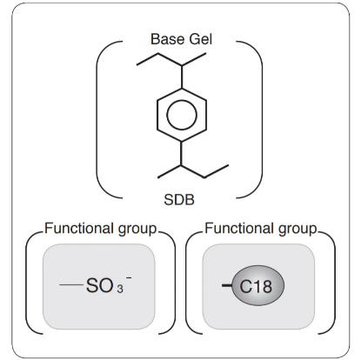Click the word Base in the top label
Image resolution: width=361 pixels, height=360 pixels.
tap(167, 39)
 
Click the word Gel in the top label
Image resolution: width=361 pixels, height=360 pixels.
tap(201, 39)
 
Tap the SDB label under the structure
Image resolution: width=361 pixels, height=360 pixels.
tap(179, 200)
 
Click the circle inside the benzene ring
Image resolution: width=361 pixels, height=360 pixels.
tap(182, 115)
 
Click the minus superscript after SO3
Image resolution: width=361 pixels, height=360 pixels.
tap(129, 278)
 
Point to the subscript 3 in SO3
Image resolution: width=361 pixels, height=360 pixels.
tap(120, 289)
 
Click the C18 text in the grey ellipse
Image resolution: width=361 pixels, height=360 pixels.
tap(256, 287)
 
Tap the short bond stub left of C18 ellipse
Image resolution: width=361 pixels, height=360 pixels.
tap(227, 286)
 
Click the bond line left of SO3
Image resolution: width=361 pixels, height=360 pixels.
tap(71, 285)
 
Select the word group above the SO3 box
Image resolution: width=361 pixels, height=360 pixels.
tap(137, 230)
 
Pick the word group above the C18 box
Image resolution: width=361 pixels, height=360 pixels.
tap(297, 230)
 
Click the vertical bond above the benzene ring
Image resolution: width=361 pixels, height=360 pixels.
tap(182, 77)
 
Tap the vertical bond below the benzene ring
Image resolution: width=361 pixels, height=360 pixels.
tap(182, 153)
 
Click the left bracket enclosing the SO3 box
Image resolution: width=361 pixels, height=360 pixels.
tap(27, 283)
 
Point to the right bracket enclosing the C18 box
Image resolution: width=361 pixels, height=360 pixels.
tap(334, 283)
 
